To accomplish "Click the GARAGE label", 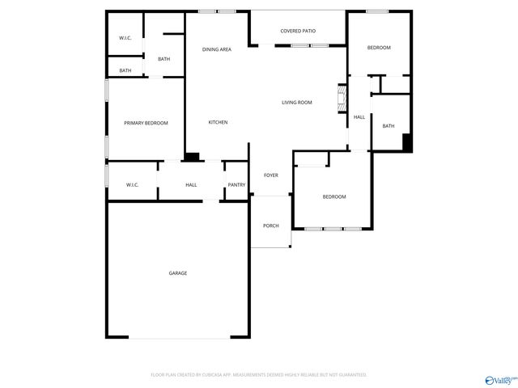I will click(178, 273).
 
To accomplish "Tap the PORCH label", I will click(271, 226).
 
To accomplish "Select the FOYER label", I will click(271, 175).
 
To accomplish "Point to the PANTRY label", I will click(236, 185).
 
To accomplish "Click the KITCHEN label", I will click(218, 122).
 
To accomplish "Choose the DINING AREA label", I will click(217, 49).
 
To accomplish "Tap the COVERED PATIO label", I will click(298, 32).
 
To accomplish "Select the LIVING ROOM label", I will click(297, 103).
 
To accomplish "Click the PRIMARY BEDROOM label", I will click(146, 123).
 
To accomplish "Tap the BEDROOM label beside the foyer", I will click(334, 197).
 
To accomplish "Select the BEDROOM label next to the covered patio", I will click(379, 48).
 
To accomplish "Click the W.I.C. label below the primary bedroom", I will click(132, 185).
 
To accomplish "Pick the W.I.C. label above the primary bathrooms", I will click(125, 38).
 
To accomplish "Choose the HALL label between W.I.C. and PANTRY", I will click(191, 185).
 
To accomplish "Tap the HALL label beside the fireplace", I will click(359, 117).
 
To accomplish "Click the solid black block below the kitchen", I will click(193, 158).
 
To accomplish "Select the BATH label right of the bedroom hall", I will click(388, 126).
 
